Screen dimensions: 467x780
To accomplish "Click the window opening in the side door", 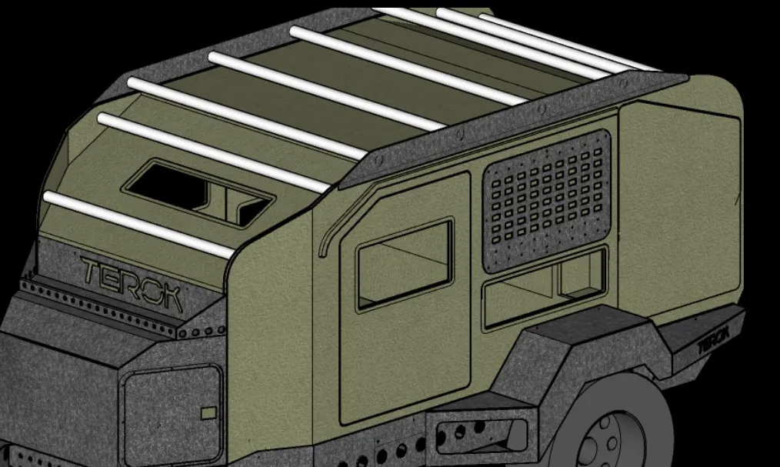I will [x=403, y=263].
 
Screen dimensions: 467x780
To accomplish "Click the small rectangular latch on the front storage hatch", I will [x=208, y=413].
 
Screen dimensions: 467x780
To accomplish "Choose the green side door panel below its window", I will [x=404, y=362].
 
